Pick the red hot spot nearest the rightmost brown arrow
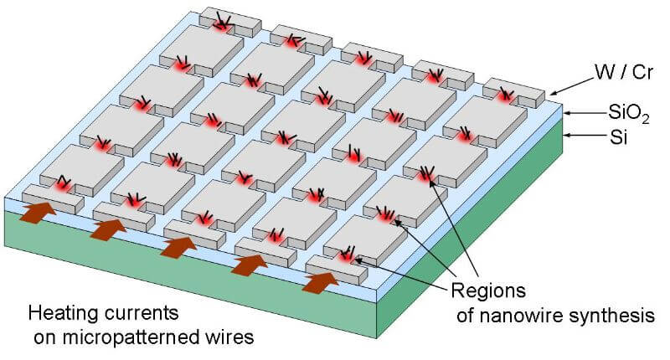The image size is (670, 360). click(x=346, y=256)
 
